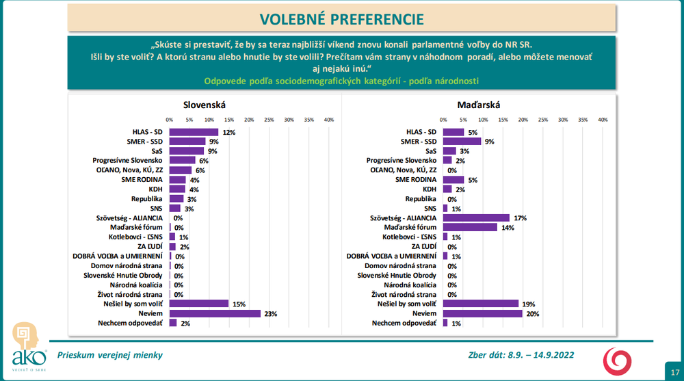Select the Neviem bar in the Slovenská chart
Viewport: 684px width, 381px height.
pyautogui.click(x=215, y=313)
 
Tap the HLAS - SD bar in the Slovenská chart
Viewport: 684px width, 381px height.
pyautogui.click(x=194, y=132)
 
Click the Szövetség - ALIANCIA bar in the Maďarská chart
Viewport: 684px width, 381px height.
pyautogui.click(x=477, y=218)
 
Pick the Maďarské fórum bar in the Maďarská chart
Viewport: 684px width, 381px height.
pyautogui.click(x=471, y=227)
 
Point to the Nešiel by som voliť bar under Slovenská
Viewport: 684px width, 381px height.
pyautogui.click(x=199, y=304)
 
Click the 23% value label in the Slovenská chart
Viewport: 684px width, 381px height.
pyautogui.click(x=271, y=313)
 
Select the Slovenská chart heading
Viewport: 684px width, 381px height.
pyautogui.click(x=205, y=105)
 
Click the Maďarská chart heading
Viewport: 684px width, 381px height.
pyautogui.click(x=479, y=105)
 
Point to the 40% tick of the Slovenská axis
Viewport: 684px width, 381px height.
pyautogui.click(x=328, y=120)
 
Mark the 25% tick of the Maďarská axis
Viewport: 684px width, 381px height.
pyautogui.click(x=543, y=120)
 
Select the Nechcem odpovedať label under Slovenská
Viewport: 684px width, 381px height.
pyautogui.click(x=129, y=323)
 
